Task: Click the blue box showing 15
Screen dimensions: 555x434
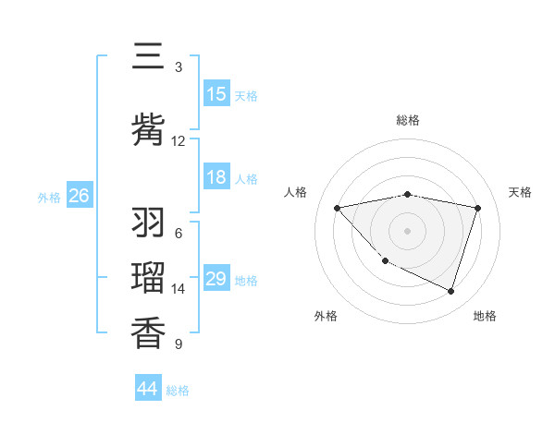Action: coord(216,94)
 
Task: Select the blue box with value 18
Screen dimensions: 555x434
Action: coord(216,177)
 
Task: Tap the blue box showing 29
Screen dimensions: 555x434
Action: coord(216,279)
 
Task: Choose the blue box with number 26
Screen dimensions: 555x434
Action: coord(80,196)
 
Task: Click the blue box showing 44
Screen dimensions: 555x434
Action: coord(148,389)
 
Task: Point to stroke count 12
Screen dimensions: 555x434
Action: coord(179,140)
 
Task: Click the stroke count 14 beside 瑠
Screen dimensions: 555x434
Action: coord(179,289)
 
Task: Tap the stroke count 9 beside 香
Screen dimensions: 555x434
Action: coord(179,344)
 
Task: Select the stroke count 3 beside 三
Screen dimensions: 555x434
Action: coord(179,67)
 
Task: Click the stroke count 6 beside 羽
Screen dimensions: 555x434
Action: coord(179,234)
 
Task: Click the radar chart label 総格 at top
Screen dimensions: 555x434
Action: coord(408,120)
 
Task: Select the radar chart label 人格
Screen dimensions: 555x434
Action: coord(296,192)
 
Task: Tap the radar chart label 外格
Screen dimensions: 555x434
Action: coord(326,316)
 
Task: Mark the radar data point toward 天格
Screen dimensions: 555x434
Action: coord(478,208)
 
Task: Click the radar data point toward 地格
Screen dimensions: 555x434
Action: coord(451,292)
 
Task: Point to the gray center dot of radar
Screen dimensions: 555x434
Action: coord(408,230)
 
